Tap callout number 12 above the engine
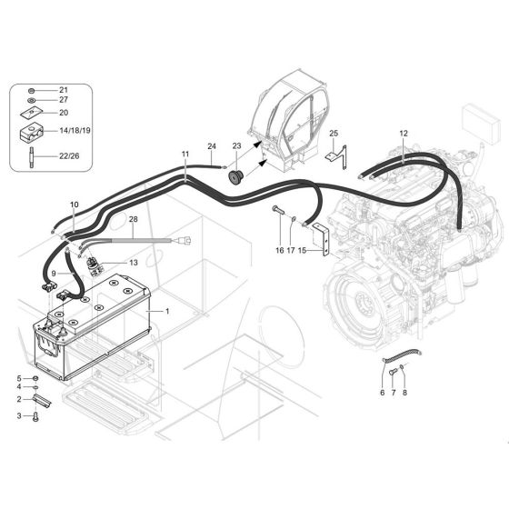point(404,134)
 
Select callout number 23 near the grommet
point(236,145)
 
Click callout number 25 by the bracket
point(334,134)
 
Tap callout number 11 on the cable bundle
point(185,155)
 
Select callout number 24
point(211,146)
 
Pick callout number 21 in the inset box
point(64,90)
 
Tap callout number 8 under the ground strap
point(405,393)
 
